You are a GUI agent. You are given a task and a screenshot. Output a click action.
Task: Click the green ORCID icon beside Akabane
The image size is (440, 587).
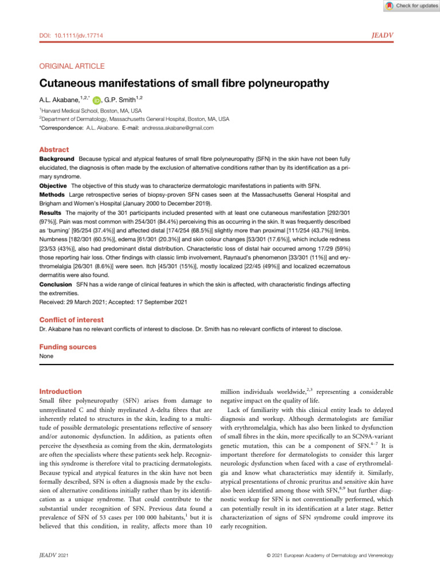[95, 100]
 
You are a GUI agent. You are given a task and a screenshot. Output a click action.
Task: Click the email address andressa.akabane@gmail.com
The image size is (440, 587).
[178, 128]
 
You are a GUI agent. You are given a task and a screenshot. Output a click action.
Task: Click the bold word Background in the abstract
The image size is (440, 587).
[57, 158]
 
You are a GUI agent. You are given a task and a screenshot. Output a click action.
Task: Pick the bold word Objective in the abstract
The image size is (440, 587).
[53, 186]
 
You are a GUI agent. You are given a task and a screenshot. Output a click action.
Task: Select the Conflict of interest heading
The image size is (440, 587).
[71, 319]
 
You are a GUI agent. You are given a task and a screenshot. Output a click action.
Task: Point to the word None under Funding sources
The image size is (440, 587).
[46, 356]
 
